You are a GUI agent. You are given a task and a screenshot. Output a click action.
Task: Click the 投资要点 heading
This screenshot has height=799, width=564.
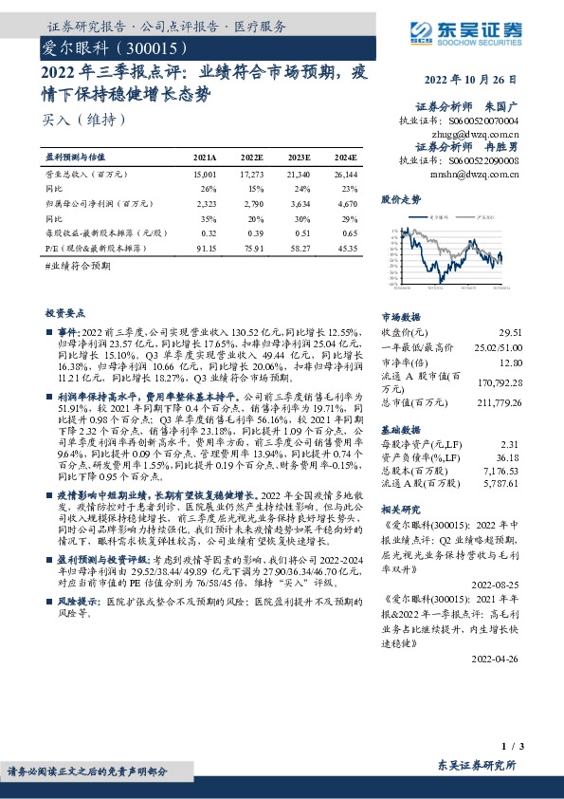click(x=65, y=312)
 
